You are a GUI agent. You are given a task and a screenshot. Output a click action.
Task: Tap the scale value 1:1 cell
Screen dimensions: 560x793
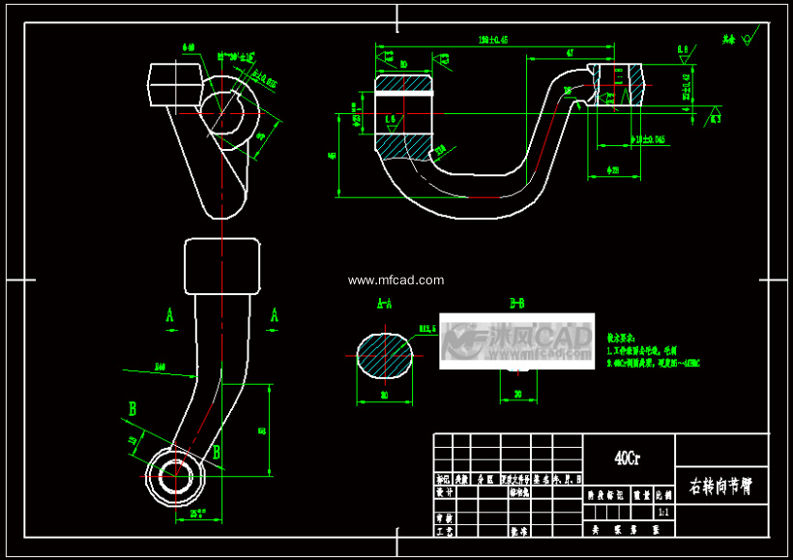point(663,512)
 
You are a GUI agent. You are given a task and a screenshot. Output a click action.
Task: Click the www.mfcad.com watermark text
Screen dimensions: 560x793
point(396,280)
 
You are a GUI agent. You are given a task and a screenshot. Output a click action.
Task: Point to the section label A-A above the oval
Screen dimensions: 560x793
point(384,304)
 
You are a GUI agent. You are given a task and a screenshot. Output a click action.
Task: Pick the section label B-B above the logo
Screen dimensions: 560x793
point(516,304)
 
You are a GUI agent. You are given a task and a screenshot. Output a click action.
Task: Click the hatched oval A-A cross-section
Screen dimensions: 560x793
point(385,355)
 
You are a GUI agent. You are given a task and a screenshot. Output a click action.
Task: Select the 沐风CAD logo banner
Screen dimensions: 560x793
point(516,340)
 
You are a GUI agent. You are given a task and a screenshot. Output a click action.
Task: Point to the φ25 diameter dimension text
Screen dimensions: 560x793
point(613,171)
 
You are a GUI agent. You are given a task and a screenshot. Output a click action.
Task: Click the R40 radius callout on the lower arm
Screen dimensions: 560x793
point(161,366)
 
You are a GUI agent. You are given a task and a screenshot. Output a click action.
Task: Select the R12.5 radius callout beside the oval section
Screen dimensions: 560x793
point(426,329)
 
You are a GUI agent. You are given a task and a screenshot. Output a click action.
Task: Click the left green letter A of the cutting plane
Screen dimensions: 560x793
point(170,315)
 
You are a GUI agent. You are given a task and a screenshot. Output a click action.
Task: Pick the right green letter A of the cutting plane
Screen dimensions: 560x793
point(275,315)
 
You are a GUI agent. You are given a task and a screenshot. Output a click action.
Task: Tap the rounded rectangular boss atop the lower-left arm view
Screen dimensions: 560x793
point(222,267)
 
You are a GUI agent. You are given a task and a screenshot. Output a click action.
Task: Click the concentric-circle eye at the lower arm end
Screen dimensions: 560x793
point(175,476)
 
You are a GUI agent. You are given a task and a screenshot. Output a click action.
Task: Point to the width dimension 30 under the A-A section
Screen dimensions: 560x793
point(384,395)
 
